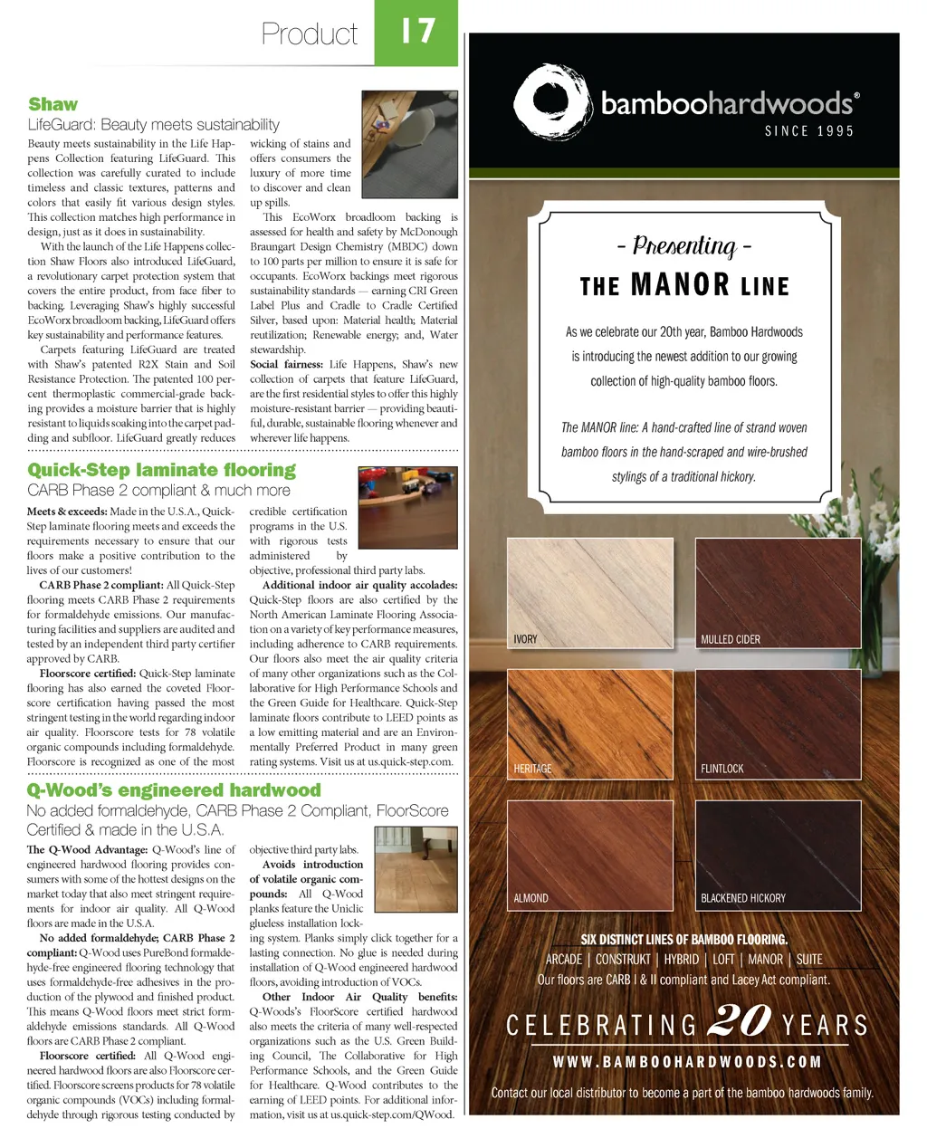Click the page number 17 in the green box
[417, 32]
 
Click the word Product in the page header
[310, 34]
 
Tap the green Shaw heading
[53, 104]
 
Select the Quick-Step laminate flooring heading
[161, 470]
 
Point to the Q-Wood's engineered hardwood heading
[174, 789]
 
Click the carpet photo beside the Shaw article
[409, 144]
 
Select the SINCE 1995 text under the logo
[809, 131]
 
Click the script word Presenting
[684, 246]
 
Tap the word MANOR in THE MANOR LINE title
[681, 285]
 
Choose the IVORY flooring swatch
[590, 592]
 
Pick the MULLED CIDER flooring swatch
[778, 592]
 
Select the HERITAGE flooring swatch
[590, 722]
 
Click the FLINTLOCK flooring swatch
[778, 722]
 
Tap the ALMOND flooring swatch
[590, 853]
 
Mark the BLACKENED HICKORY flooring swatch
[778, 853]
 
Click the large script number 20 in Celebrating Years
[740, 1021]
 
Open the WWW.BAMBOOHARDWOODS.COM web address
[687, 1062]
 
